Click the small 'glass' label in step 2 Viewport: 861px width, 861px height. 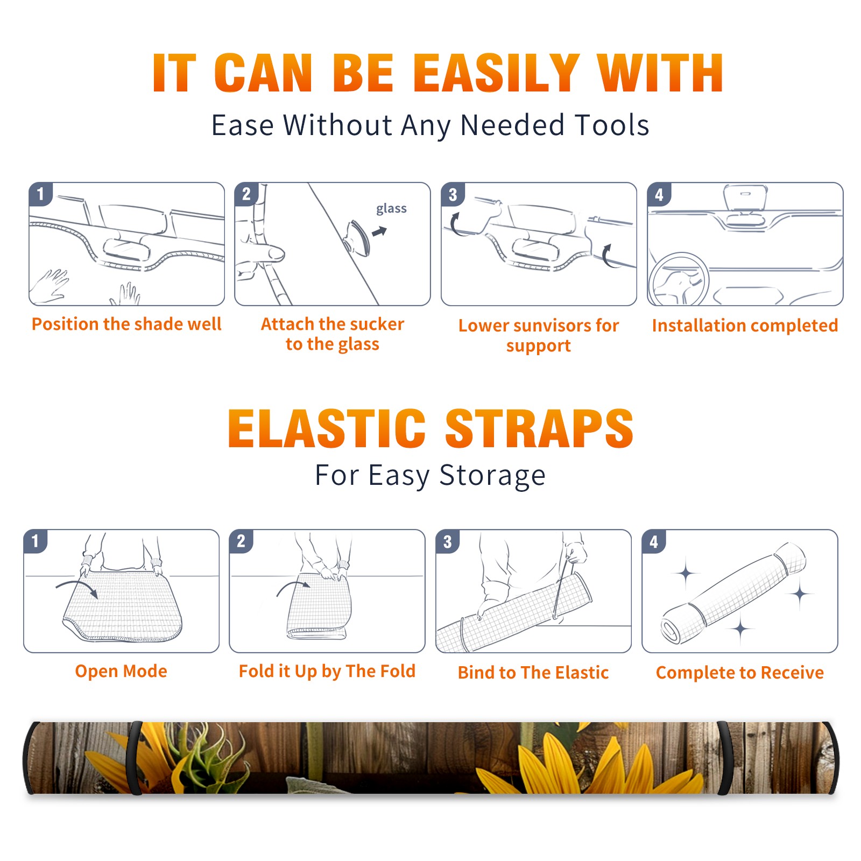(391, 209)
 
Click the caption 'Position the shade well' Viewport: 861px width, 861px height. (126, 324)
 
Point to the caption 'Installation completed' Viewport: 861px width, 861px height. (745, 326)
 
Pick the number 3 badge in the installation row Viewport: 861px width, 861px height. (453, 194)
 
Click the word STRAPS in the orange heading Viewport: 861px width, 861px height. (539, 428)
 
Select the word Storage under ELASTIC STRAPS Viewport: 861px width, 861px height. (492, 476)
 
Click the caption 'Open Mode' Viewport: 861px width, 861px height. (121, 671)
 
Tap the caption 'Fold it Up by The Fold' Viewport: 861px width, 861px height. (327, 672)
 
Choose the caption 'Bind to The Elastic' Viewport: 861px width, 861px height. (533, 673)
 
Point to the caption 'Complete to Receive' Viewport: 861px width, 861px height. (740, 673)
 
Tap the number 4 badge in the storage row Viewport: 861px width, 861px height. (654, 541)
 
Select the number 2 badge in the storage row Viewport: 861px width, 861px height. (241, 541)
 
